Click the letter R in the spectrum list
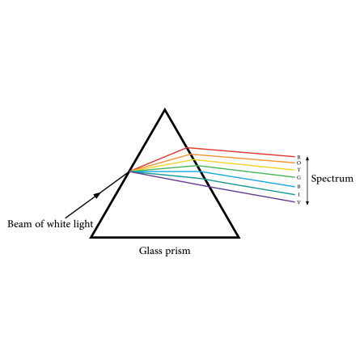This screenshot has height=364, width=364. pos(298,157)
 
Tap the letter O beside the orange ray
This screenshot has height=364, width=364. pos(298,163)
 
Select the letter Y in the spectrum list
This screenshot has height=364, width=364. pos(298,170)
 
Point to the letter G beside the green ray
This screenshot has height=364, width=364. pos(298,177)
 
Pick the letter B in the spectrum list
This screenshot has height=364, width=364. pos(298,187)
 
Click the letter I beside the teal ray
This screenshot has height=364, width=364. pos(298,194)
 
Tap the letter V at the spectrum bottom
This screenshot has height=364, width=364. pos(298,202)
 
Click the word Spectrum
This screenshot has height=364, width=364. pos(332,179)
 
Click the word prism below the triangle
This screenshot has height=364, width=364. pos(178,251)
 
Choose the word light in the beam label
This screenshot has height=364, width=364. pos(83,224)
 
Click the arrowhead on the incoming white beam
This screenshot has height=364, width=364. pos(97,195)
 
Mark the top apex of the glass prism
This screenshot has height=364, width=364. pos(165,109)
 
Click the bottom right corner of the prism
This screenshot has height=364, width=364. pos(238,237)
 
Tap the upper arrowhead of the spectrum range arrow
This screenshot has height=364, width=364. pos(307,159)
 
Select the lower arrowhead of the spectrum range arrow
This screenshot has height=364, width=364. pos(307,203)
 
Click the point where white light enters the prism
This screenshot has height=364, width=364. pos(129,171)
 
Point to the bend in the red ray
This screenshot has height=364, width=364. pos(188,147)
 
